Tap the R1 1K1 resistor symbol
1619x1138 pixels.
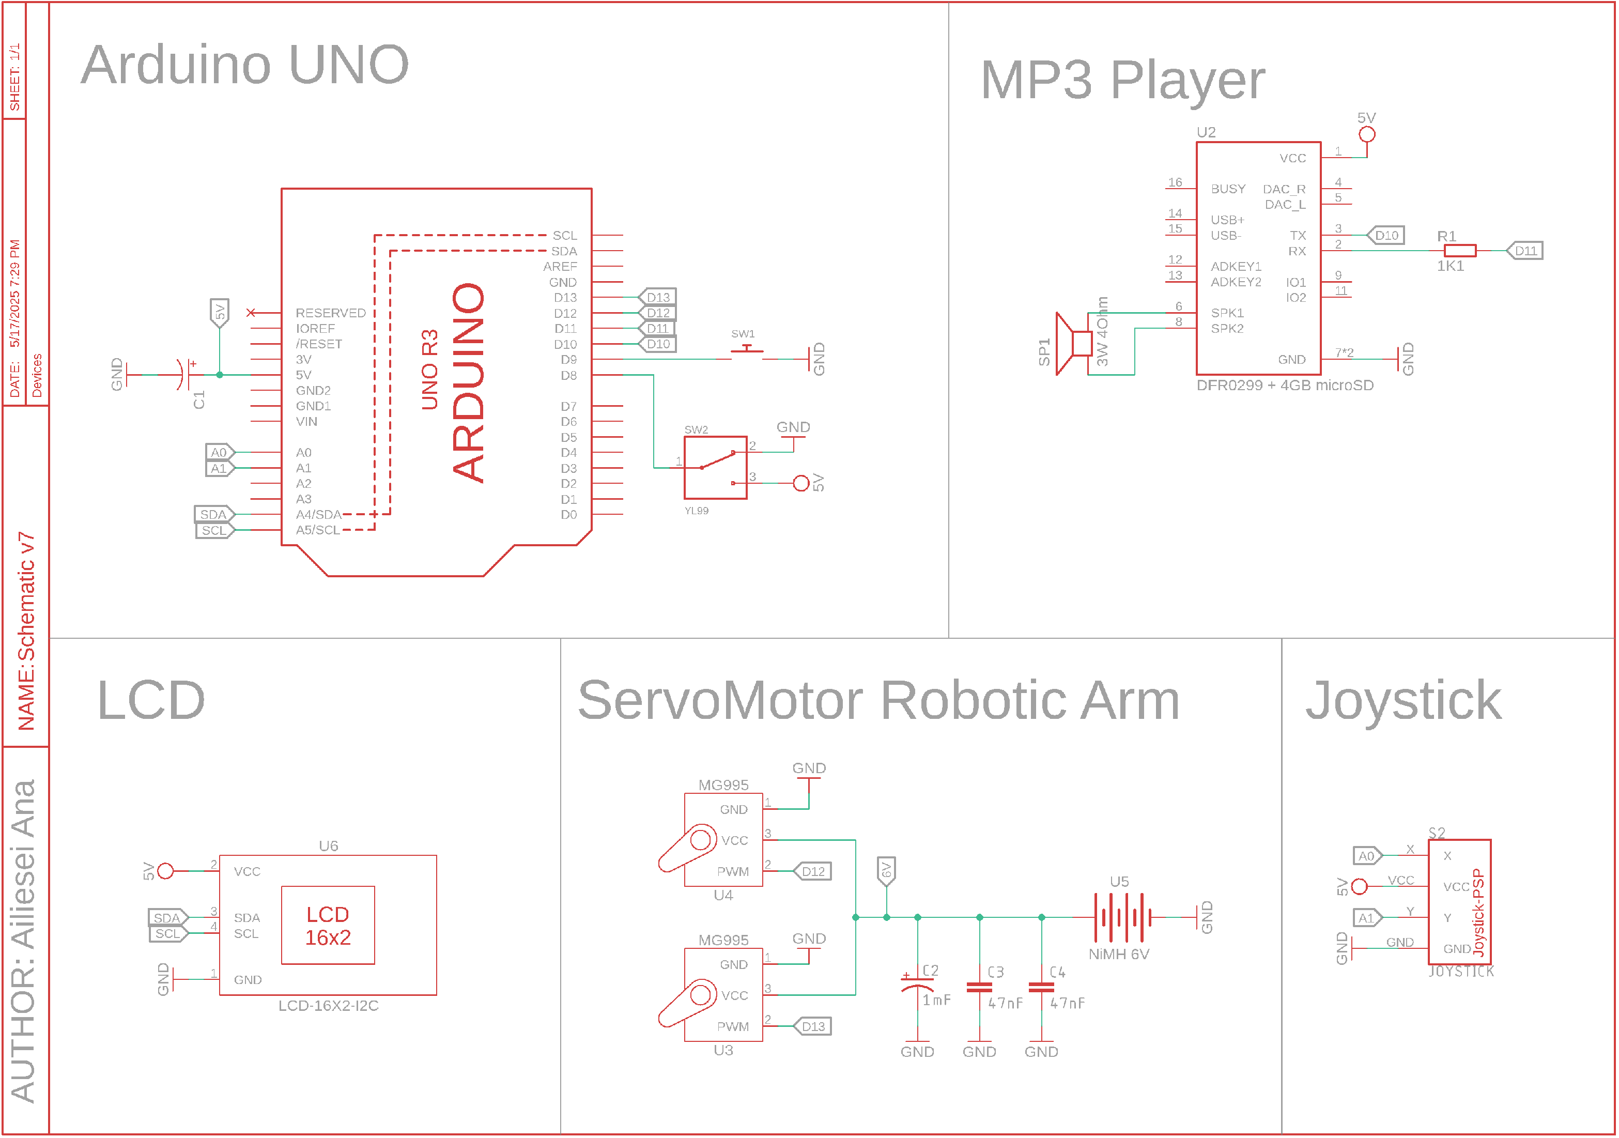pos(1460,250)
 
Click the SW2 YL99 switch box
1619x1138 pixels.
pos(716,468)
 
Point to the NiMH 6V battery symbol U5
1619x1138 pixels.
pos(1122,917)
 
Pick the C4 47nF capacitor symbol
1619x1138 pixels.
pos(1041,987)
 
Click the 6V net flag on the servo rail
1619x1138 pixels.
pos(886,871)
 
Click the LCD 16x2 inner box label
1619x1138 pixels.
pos(328,926)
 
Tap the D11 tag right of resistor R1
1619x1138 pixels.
pos(1525,250)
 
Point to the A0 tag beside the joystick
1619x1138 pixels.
pos(1366,856)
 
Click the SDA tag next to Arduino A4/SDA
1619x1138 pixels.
pos(213,515)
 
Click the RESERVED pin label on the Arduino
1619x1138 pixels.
pos(330,312)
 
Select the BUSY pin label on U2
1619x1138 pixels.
pos(1228,189)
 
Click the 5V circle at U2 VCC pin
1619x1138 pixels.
pos(1366,134)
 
